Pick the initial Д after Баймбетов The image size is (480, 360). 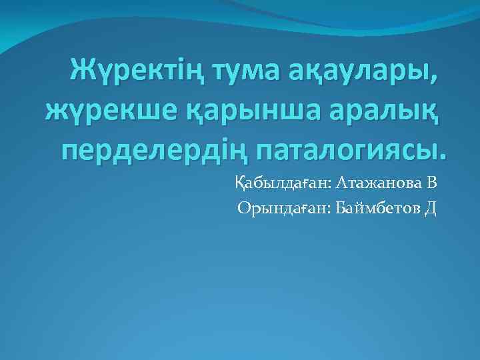(x=430, y=209)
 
